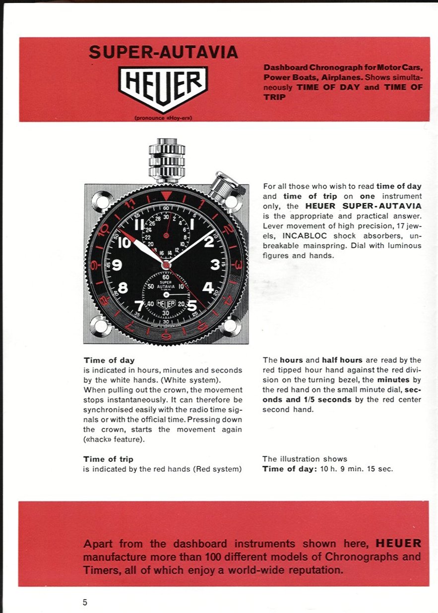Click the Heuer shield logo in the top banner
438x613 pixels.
[163, 88]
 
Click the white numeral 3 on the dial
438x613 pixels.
[215, 265]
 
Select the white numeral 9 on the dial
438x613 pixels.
[117, 265]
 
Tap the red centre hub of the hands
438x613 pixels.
[166, 265]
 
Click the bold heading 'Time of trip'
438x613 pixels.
[108, 459]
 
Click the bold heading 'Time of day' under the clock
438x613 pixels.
[109, 360]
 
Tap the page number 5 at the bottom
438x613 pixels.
[85, 603]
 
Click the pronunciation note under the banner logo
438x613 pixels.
[163, 118]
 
